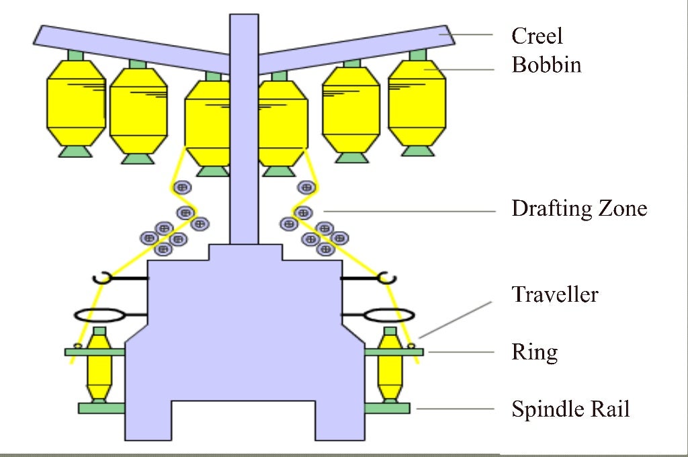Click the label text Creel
point(537,36)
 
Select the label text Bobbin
point(546,65)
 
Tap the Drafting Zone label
point(579,208)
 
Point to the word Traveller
point(554,294)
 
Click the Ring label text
point(534,351)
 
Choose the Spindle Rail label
point(570,409)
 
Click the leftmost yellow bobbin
point(76,101)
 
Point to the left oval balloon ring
point(98,315)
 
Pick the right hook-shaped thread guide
point(387,276)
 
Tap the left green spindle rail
point(101,407)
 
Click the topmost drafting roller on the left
point(181,187)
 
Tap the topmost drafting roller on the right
point(307,187)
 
